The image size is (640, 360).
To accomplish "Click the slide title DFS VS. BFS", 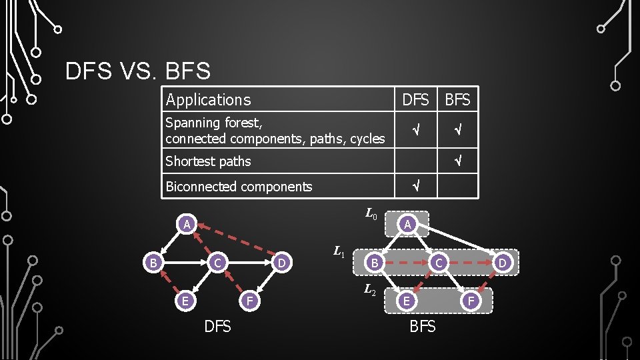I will coord(138,71).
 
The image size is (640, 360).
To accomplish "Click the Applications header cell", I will coord(208,100).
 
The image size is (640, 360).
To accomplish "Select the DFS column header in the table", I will coord(415,100).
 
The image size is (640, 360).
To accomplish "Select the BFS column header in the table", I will coord(457,100).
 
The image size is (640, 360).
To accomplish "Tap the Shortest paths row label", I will coord(208,161).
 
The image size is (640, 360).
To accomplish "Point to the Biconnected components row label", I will coord(239,187).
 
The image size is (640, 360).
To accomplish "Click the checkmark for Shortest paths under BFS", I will coord(457,161).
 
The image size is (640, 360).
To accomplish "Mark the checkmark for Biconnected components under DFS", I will coord(415,187).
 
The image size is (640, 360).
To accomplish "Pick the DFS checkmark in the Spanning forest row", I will coord(415,131).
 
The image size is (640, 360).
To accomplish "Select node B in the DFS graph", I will coord(153,263).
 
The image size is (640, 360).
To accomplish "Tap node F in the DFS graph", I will coord(249,301).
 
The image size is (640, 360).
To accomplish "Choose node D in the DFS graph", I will coord(283,263).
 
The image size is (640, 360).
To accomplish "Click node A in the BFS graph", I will coord(409,225).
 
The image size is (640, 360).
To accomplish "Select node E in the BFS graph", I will coord(404,301).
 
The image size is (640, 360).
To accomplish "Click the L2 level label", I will coord(371,290).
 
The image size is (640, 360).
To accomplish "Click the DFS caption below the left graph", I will coord(217,327).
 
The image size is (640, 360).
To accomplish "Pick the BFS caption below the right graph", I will coord(423,327).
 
